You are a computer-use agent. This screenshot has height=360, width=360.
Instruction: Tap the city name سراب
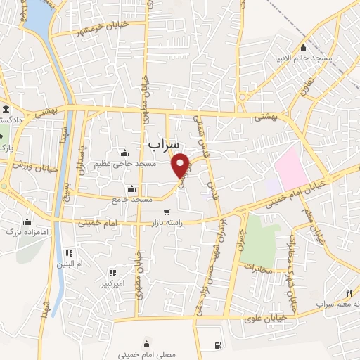[x=164, y=143]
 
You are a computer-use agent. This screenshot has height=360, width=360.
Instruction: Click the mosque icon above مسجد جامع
[x=132, y=189]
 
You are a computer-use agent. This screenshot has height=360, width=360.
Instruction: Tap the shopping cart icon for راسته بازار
[x=166, y=212]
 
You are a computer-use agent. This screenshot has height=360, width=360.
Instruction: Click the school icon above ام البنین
[x=69, y=253]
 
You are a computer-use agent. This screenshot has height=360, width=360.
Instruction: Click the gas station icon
[x=217, y=345]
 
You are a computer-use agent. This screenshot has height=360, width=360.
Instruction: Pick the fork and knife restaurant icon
[x=349, y=292]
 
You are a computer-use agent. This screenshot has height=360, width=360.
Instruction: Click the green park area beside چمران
[x=259, y=239]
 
